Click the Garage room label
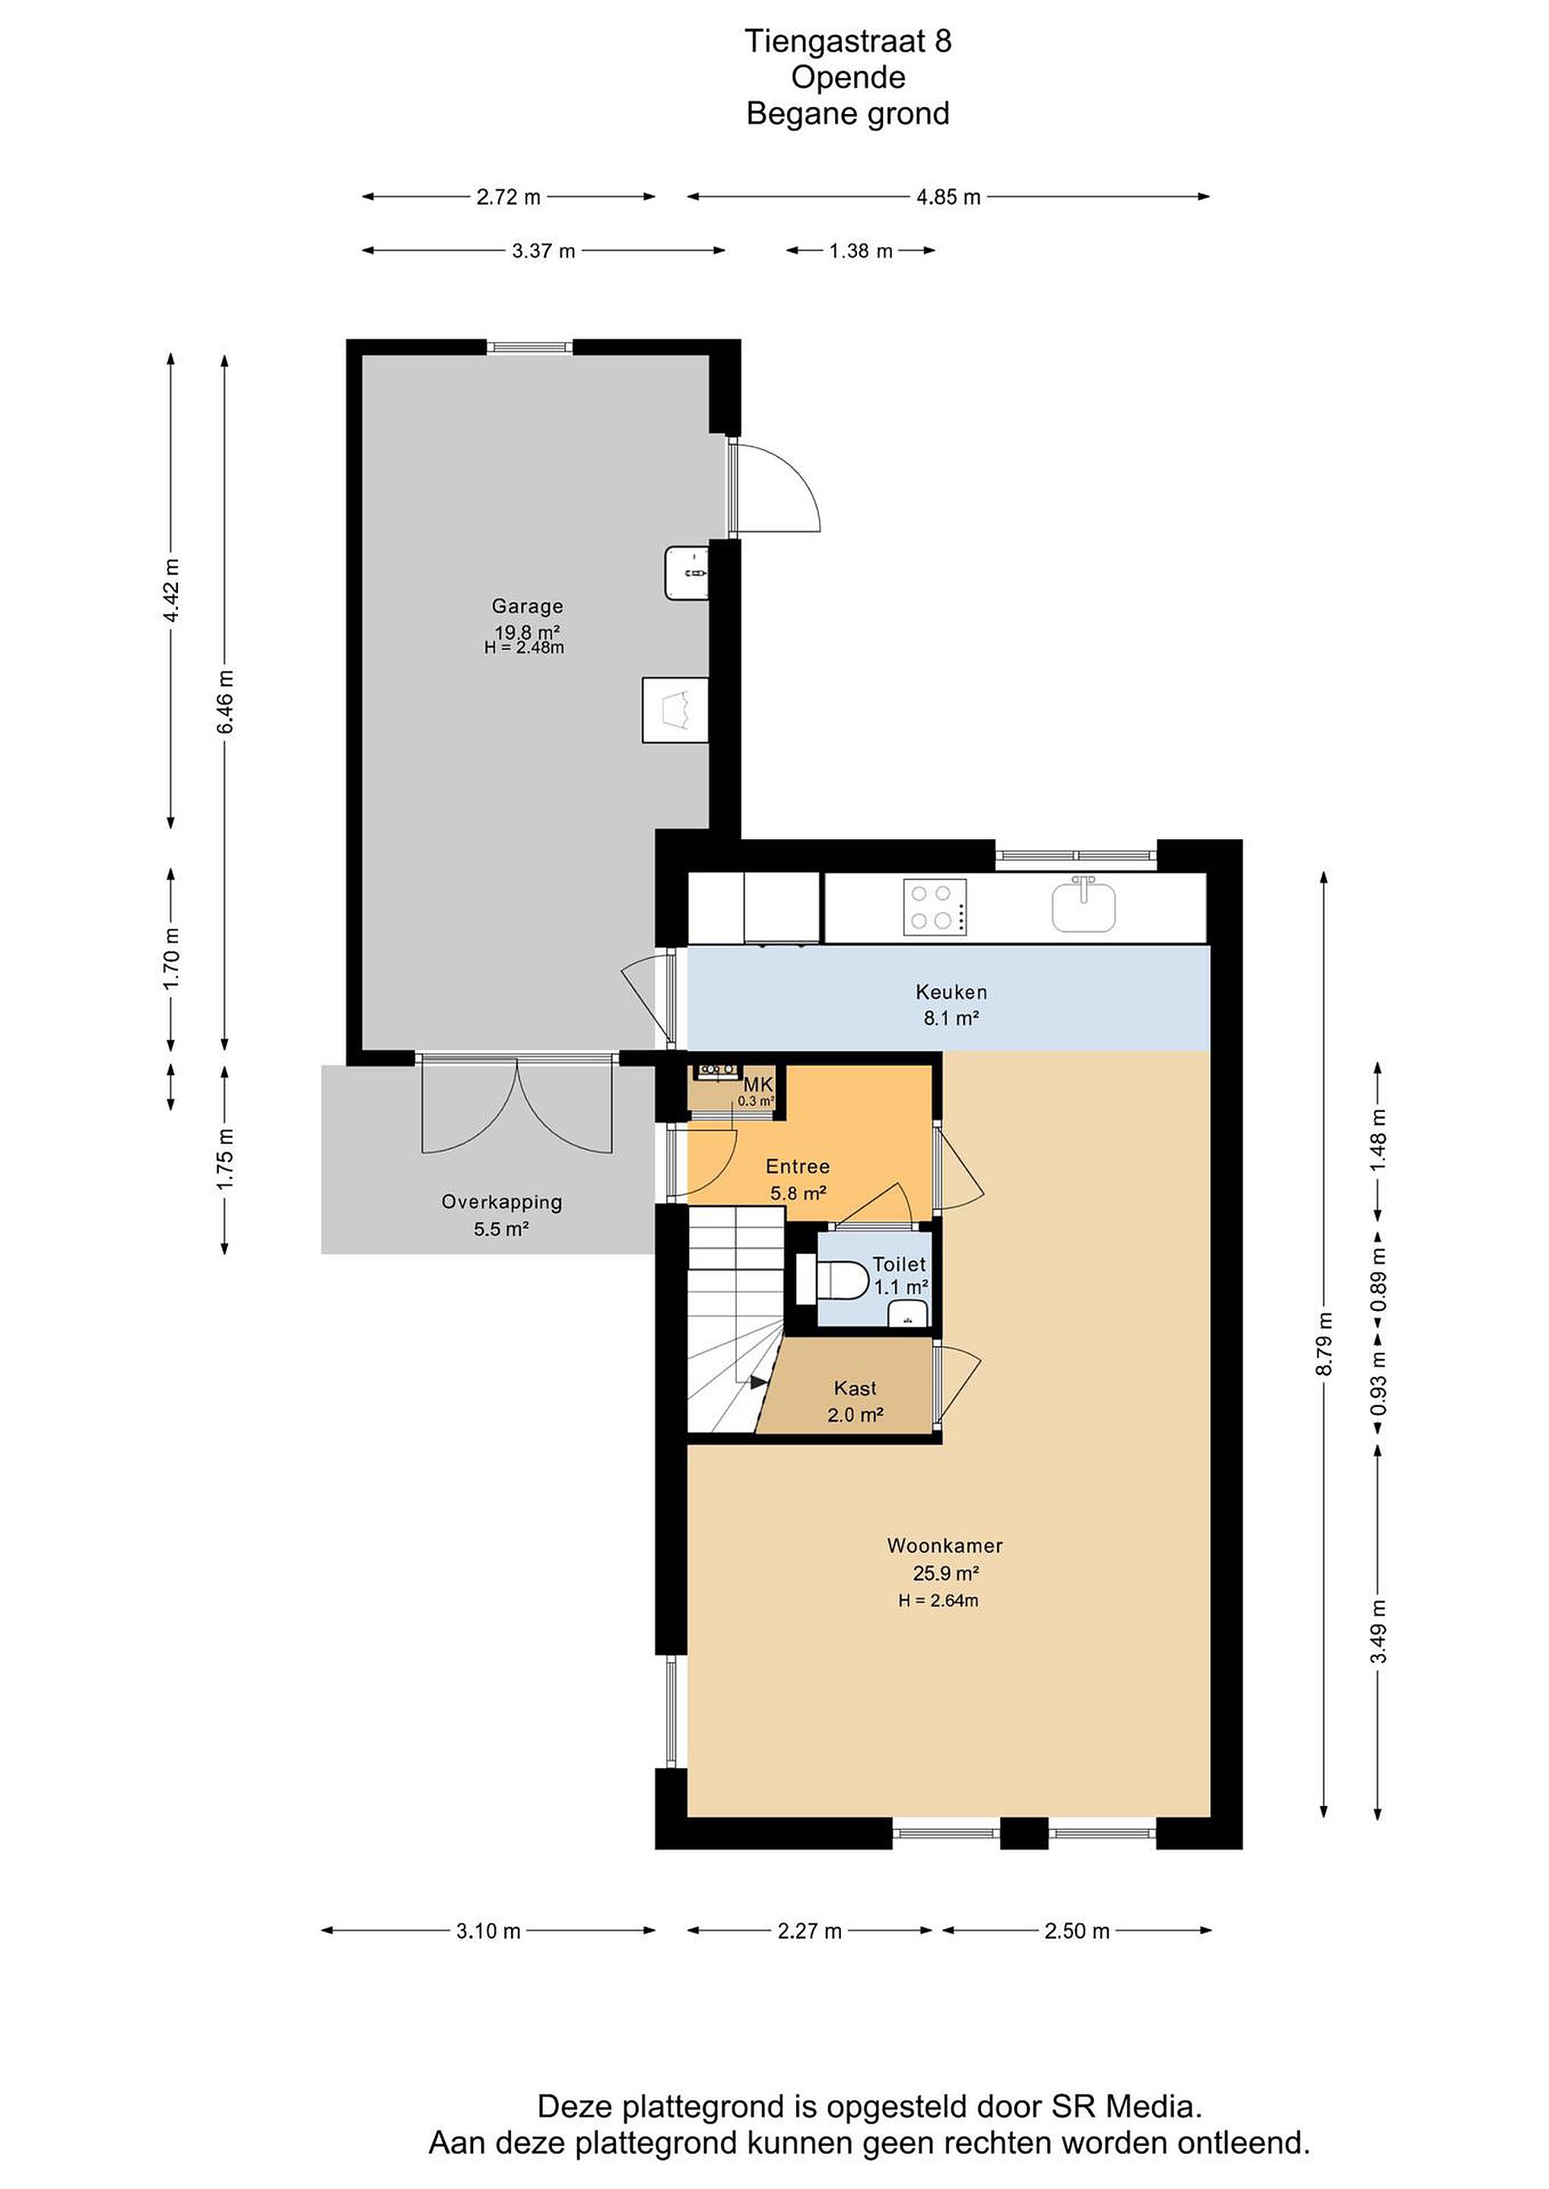click(x=528, y=607)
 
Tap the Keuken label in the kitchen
click(x=951, y=992)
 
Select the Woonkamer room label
click(x=944, y=1545)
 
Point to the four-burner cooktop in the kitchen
click(x=935, y=907)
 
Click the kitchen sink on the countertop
click(x=1084, y=906)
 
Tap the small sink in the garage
click(x=687, y=573)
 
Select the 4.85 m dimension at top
click(x=948, y=198)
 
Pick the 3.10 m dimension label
click(x=488, y=1931)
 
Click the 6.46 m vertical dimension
click(x=225, y=702)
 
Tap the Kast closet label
click(x=855, y=1388)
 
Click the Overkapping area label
click(x=502, y=1202)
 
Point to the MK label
click(x=758, y=1084)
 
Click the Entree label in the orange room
click(x=798, y=1166)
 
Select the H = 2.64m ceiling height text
click(x=938, y=1601)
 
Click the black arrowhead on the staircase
click(x=759, y=1383)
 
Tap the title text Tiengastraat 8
click(x=848, y=41)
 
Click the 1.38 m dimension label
click(x=860, y=251)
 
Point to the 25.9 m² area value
click(x=946, y=1573)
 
